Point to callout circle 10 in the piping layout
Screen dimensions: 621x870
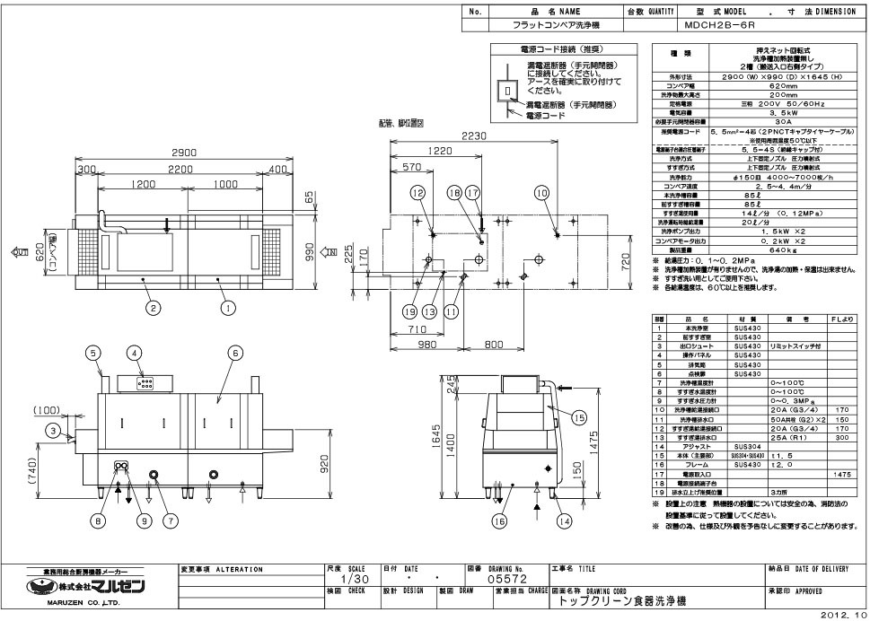(540, 193)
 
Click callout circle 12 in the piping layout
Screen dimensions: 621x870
(417, 193)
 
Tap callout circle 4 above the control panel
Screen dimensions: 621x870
(136, 353)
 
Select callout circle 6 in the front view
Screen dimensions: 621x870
(236, 353)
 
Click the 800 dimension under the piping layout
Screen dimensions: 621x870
(493, 344)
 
